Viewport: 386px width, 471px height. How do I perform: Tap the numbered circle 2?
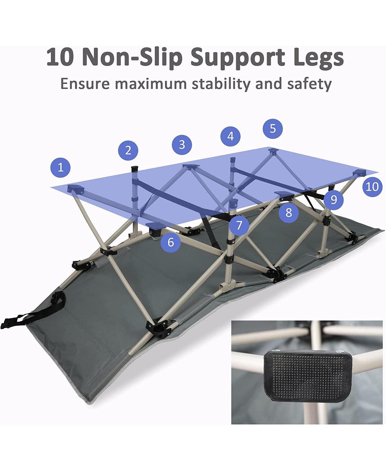tap(128, 150)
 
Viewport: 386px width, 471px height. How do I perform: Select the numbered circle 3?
tap(182, 144)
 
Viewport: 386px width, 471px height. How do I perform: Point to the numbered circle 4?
tap(231, 136)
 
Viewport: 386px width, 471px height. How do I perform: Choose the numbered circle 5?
tap(272, 129)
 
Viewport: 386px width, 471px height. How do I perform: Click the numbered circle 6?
tap(170, 242)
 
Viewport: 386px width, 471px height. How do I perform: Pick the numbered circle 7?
tap(239, 225)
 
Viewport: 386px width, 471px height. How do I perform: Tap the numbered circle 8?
tap(289, 212)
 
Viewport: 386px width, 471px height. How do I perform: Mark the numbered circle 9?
tap(334, 199)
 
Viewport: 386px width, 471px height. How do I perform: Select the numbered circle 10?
tap(372, 186)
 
